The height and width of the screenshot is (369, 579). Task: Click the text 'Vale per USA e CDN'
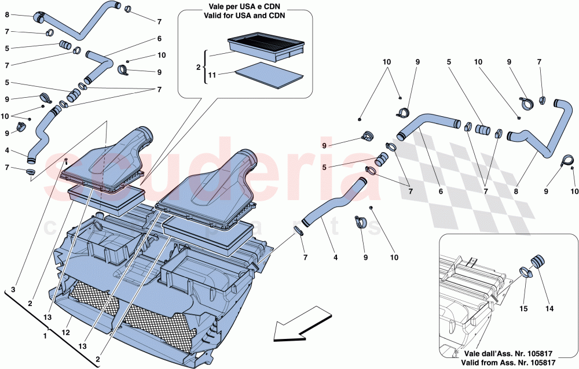coord(245,7)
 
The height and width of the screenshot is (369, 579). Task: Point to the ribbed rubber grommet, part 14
coord(538,261)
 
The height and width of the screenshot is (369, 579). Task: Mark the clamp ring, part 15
coord(526,271)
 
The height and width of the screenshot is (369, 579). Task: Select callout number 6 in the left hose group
coord(158,39)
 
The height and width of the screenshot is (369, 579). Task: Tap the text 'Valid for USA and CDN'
coord(245,16)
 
